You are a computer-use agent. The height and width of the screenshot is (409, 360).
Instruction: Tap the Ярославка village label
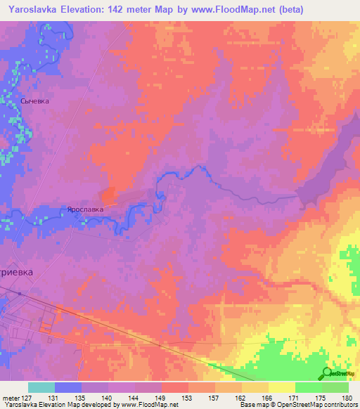click(x=85, y=209)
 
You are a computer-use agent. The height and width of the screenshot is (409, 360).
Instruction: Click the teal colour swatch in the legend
click(x=41, y=387)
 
